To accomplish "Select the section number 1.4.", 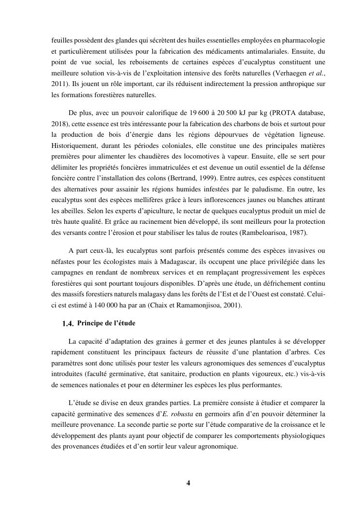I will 68,324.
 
